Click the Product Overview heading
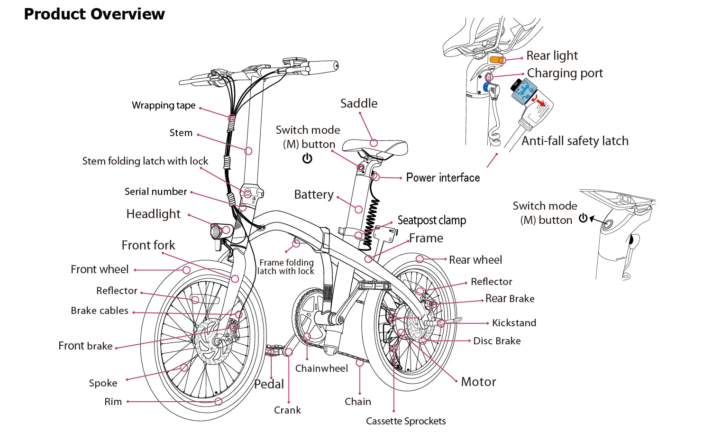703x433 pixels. coord(94,14)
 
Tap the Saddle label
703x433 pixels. coord(359,103)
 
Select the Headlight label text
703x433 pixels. coord(153,214)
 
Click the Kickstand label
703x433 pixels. coord(514,323)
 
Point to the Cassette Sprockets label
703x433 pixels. coord(406,421)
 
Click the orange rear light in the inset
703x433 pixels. coord(497,60)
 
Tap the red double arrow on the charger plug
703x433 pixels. coord(539,101)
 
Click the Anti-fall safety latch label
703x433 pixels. coord(575,141)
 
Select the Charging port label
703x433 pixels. coord(565,73)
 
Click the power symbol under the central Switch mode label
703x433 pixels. coord(307,158)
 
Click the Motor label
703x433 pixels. coord(478,382)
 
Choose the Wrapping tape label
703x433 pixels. coord(164,105)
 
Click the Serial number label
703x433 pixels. coord(155,192)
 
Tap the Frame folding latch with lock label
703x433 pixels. coord(285,267)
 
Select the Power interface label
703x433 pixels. coord(443,178)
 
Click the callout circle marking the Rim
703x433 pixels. coord(219,401)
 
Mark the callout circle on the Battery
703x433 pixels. coord(359,210)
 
